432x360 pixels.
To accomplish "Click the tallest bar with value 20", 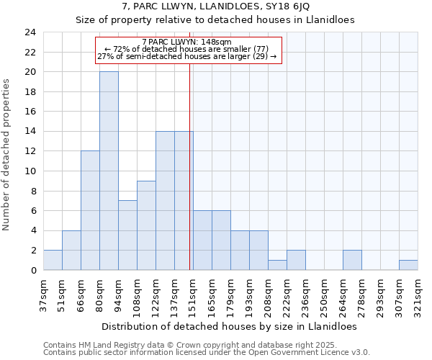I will tap(109, 171).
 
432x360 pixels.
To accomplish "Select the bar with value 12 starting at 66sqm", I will tap(90, 210).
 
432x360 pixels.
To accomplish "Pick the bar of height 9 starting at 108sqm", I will tap(146, 225).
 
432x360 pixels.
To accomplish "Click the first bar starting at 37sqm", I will tap(53, 260).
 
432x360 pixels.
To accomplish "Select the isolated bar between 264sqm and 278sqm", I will tap(352, 260).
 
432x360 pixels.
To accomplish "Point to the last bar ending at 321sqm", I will tap(408, 265).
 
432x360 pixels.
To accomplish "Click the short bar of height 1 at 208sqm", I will tap(277, 265).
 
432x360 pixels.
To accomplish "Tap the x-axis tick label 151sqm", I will tap(194, 294).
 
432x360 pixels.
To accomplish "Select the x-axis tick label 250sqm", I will tap(325, 294).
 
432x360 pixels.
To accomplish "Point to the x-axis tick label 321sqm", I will tap(418, 294).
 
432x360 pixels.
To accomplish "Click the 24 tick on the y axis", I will tap(30, 32).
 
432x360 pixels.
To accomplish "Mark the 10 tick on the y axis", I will tap(30, 171).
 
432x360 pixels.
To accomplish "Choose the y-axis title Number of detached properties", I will tap(7, 156).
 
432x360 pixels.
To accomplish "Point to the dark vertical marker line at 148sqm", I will tap(190, 180).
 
